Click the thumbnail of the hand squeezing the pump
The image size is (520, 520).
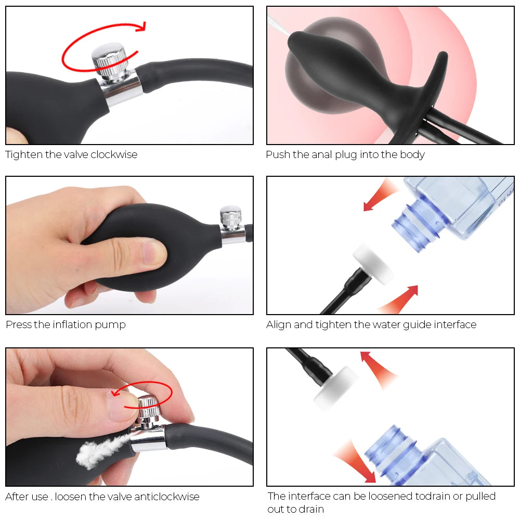coord(129,245)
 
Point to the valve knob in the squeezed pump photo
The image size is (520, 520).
coord(230,217)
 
